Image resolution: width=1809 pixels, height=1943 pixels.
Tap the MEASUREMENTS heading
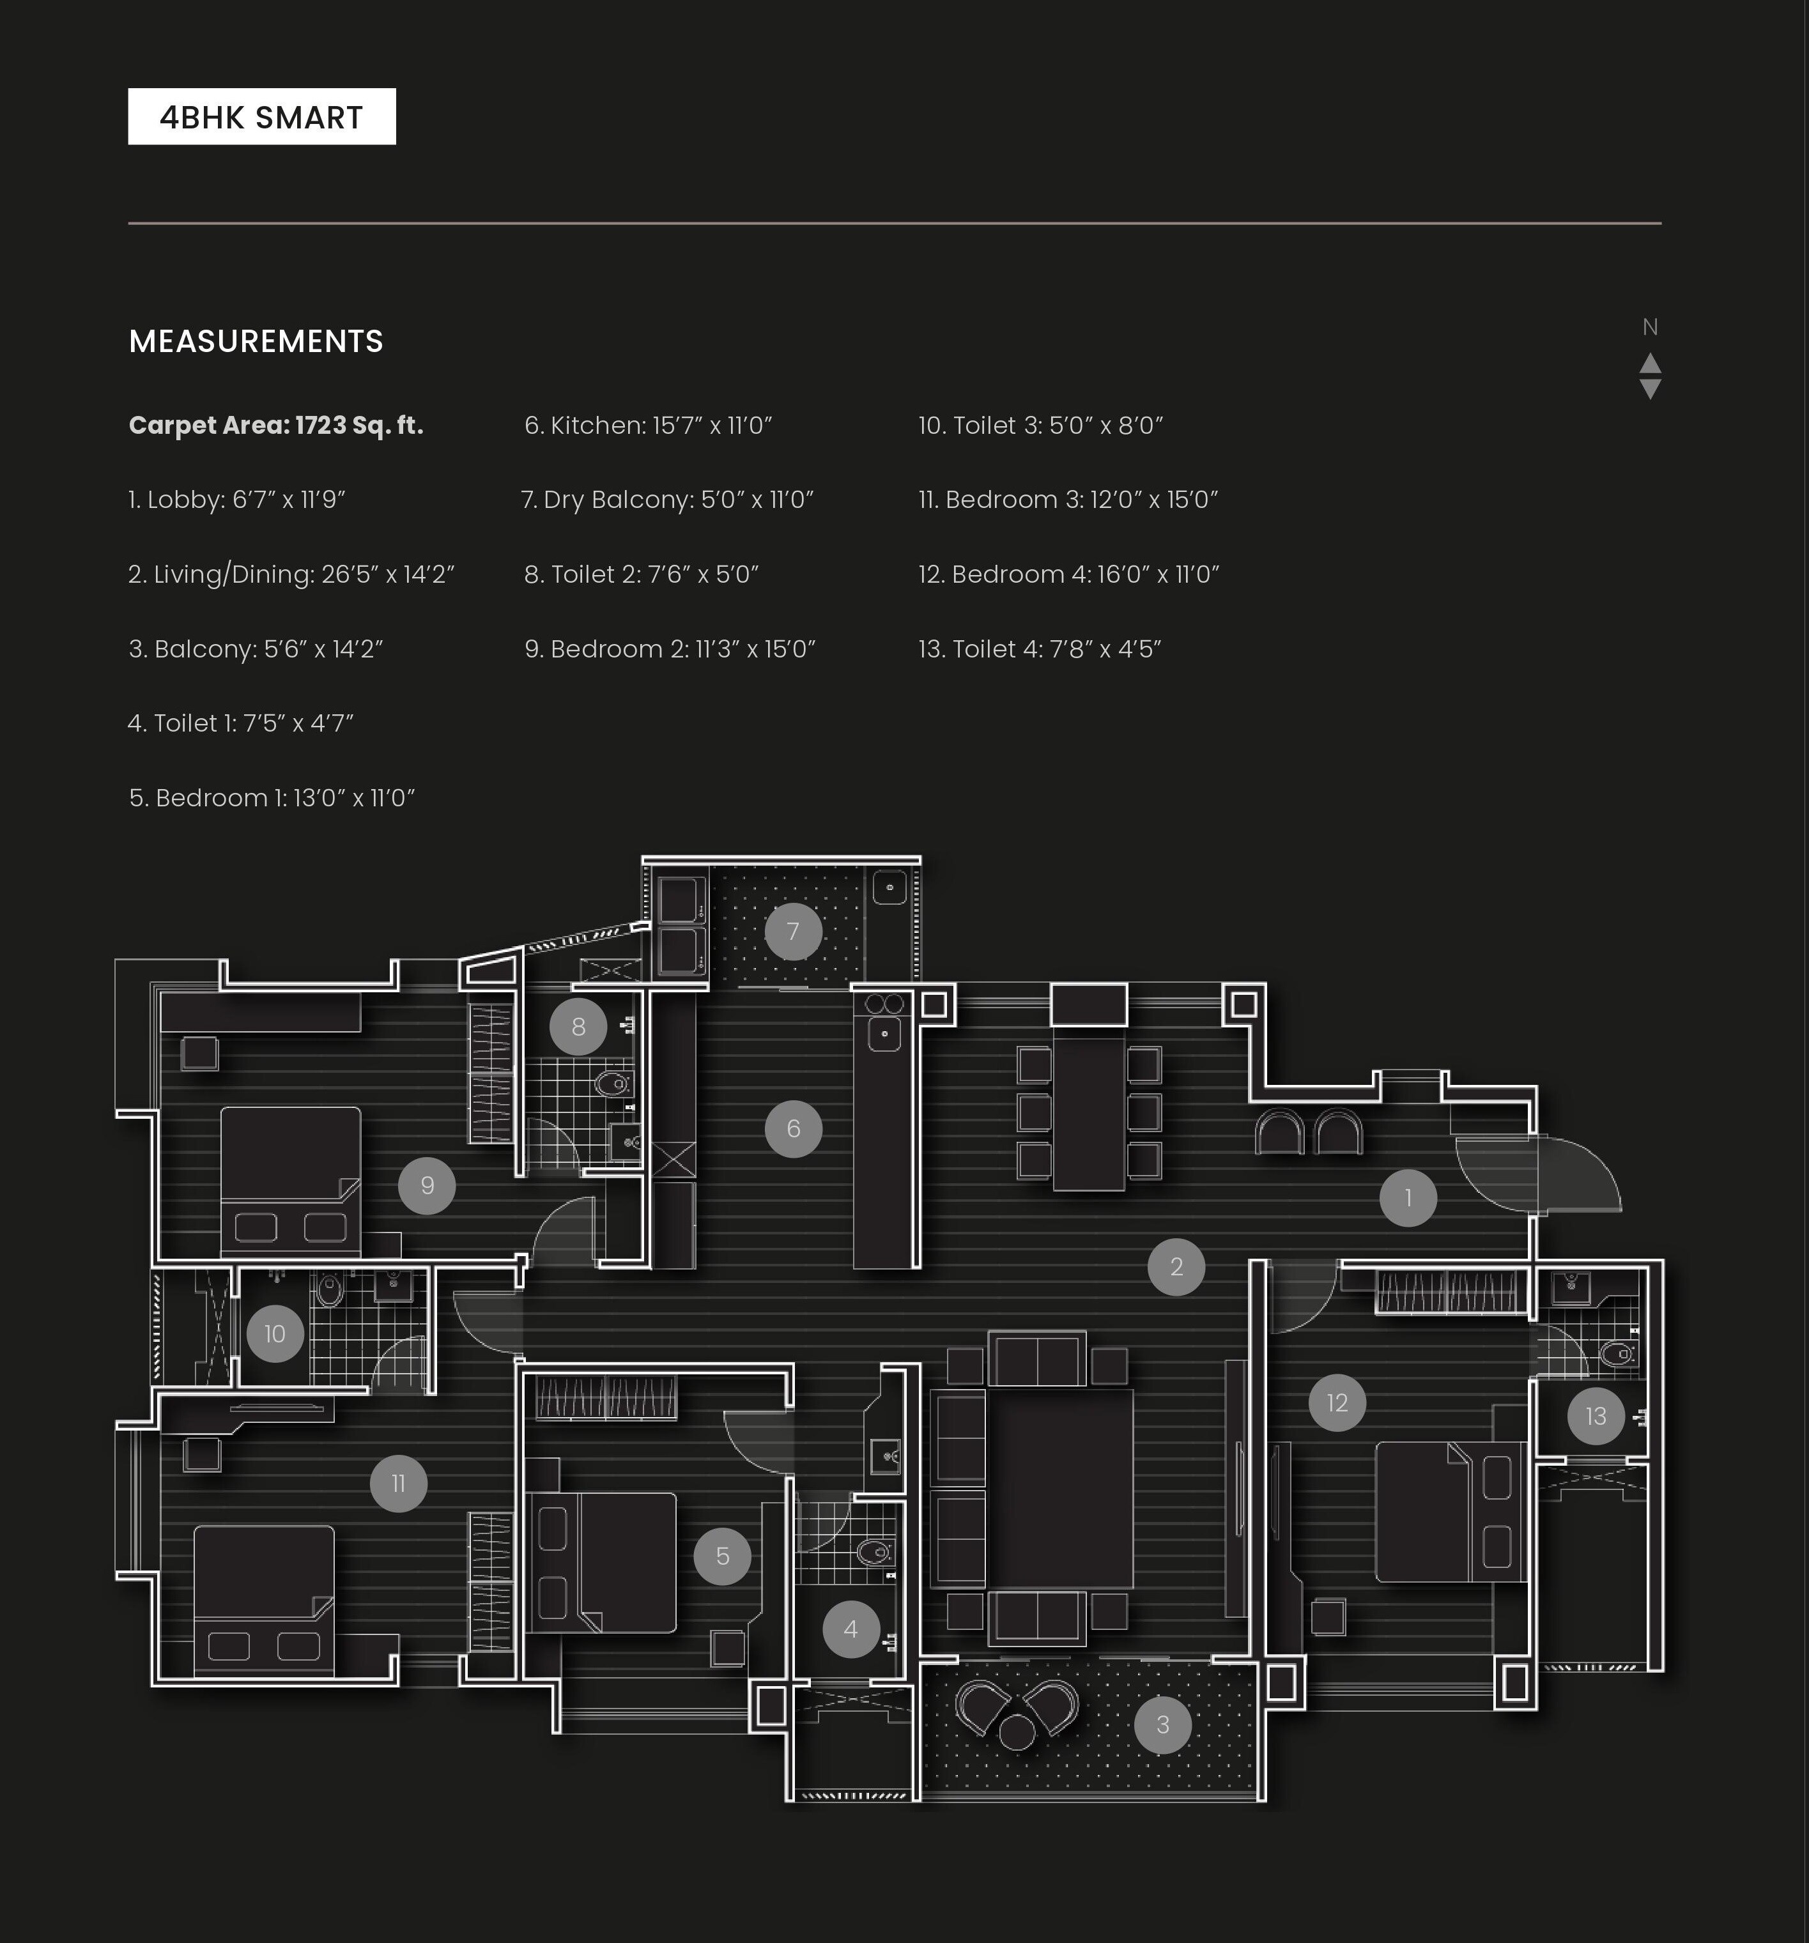click(x=256, y=341)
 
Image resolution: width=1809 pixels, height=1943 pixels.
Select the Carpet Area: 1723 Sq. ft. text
click(x=275, y=425)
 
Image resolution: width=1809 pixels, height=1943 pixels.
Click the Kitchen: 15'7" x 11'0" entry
click(x=648, y=425)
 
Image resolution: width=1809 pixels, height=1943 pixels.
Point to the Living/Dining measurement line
click(x=291, y=574)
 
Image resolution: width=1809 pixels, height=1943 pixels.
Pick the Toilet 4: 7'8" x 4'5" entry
click(x=1039, y=649)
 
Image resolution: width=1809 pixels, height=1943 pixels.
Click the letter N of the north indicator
click(x=1650, y=327)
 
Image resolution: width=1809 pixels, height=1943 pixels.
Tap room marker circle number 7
click(x=792, y=932)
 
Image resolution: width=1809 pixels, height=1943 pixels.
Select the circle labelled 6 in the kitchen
click(x=792, y=1129)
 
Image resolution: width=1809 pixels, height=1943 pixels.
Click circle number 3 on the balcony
click(x=1162, y=1725)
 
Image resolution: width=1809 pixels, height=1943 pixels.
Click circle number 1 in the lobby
click(x=1407, y=1197)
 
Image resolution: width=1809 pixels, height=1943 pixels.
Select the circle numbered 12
click(x=1336, y=1402)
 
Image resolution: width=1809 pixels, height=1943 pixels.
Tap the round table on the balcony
click(x=1017, y=1733)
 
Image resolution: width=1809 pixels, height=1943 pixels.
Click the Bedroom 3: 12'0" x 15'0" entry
click(x=1067, y=500)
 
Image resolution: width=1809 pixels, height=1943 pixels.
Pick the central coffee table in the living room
click(x=1059, y=1489)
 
